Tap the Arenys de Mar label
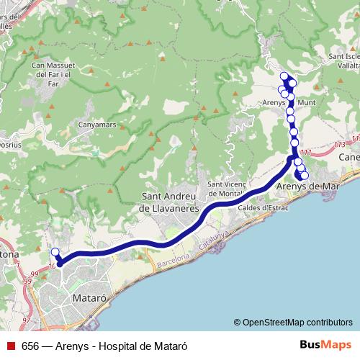307,186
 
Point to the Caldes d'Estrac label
264,207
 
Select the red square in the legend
10,346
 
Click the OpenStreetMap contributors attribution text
297,322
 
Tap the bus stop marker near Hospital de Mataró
55,252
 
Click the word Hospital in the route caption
120,346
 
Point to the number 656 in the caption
31,346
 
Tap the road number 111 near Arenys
307,152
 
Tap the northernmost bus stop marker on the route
284,76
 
